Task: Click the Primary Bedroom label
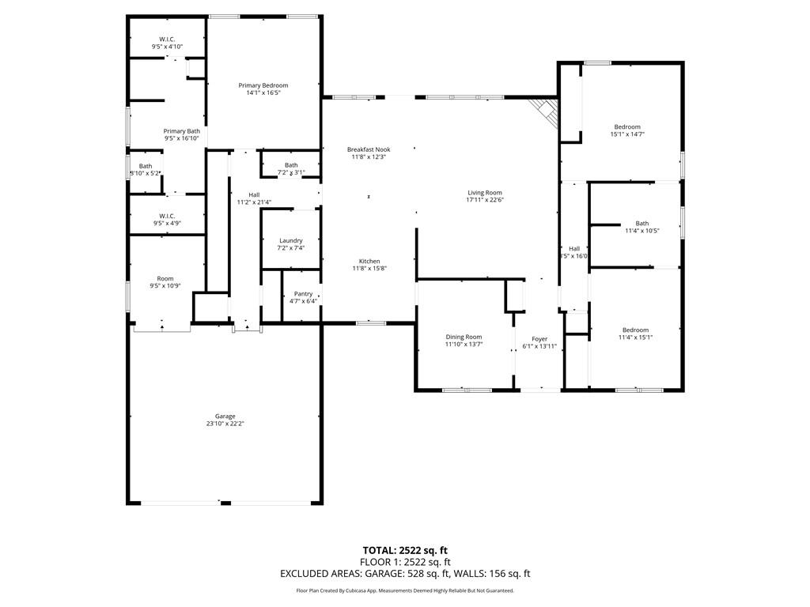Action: tap(263, 85)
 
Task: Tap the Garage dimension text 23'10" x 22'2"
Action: tap(225, 424)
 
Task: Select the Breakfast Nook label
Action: tap(369, 149)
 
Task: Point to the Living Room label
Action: tap(485, 193)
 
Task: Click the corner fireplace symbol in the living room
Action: tap(547, 111)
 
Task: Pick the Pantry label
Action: tap(303, 293)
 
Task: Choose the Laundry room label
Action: tap(291, 240)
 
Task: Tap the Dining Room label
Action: tap(464, 337)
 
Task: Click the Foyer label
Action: tap(539, 339)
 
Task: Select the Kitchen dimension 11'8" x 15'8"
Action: tap(369, 269)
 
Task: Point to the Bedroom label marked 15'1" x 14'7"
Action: tap(627, 126)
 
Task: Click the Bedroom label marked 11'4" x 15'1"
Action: tap(635, 330)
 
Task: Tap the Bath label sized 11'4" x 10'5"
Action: tap(642, 224)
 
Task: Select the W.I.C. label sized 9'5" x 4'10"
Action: tap(167, 40)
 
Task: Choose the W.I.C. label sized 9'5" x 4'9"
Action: tap(167, 216)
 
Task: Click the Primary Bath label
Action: tap(182, 131)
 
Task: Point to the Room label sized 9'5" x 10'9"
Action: tap(165, 278)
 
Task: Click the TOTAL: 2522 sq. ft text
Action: tap(405, 550)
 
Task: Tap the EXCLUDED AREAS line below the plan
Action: tap(405, 574)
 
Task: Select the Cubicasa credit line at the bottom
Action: tap(405, 590)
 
